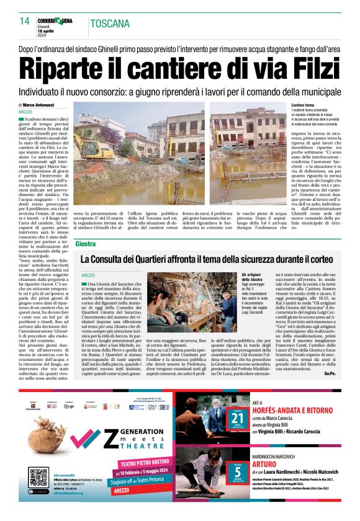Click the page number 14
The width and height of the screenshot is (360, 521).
tap(25, 21)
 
